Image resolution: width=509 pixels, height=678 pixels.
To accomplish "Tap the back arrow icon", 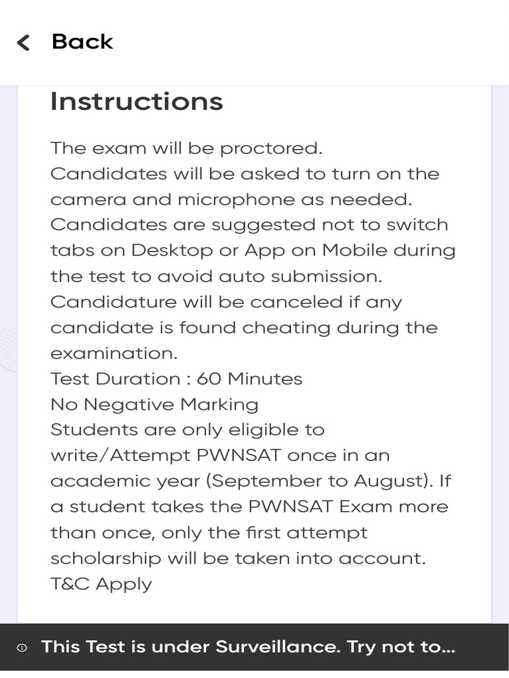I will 23,43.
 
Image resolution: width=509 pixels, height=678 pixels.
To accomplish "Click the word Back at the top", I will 82,42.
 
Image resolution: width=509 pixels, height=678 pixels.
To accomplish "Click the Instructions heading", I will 137,101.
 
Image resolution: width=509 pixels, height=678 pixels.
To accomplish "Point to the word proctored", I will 270,148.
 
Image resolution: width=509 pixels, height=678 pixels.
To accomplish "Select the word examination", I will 114,354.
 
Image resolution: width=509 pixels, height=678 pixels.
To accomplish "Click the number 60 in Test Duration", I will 209,379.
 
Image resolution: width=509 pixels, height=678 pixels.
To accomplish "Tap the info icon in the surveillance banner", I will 22,648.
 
